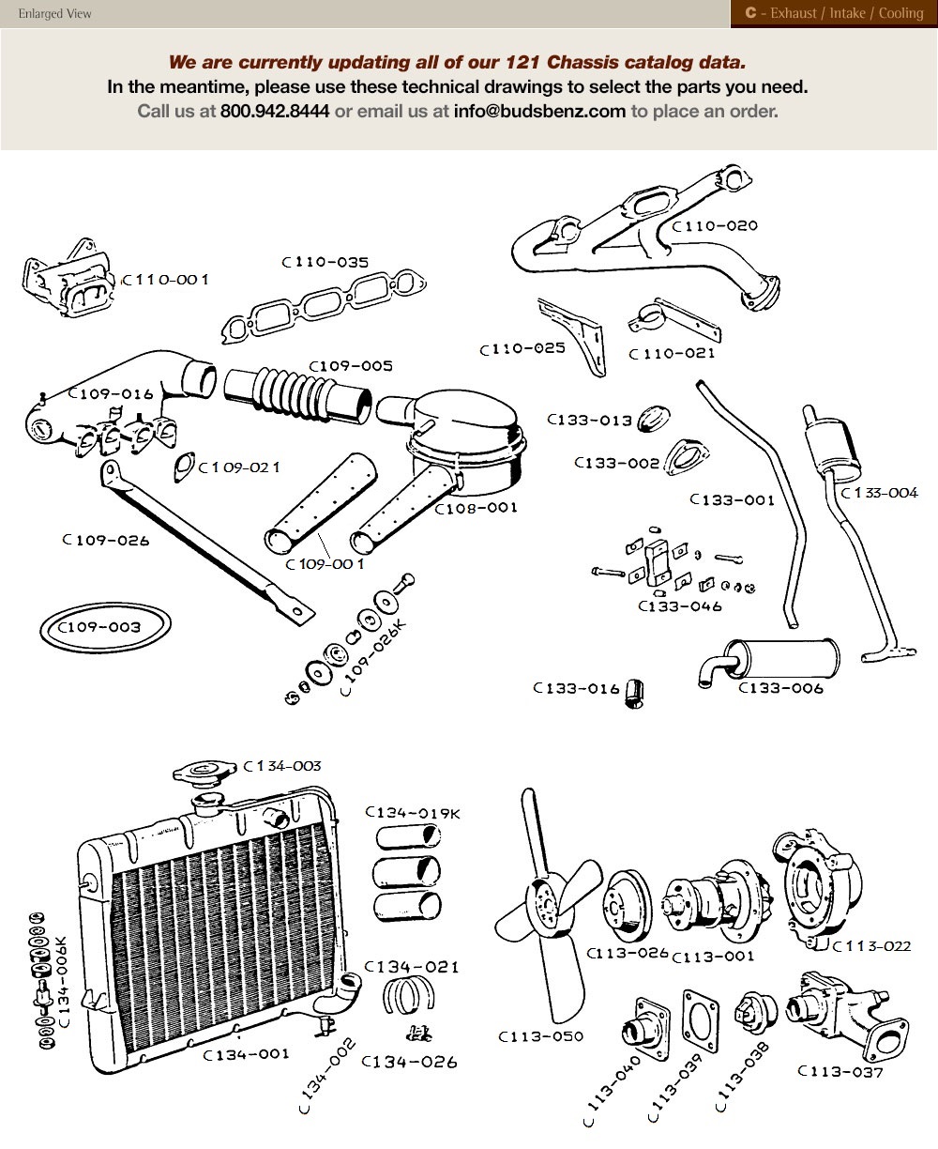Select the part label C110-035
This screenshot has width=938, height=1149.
coord(325,263)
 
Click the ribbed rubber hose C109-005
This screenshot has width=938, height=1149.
coord(290,393)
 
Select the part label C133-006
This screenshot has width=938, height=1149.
coord(780,688)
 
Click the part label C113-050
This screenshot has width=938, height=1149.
coord(540,1036)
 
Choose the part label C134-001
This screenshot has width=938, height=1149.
coord(246,1054)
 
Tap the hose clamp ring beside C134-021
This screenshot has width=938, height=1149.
coord(408,997)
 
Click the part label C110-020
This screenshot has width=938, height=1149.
coord(715,225)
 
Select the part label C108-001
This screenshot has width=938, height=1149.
coord(476,508)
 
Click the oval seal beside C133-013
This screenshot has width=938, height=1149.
coord(650,421)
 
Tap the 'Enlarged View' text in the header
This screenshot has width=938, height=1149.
coord(54,14)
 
